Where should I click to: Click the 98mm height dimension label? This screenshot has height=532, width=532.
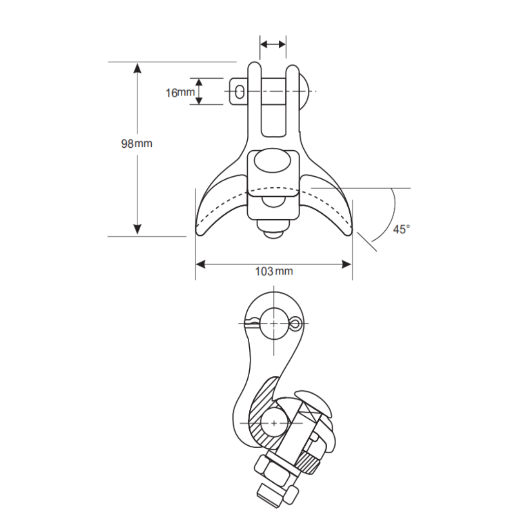tap(136, 144)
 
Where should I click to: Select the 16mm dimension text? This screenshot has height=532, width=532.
tap(179, 92)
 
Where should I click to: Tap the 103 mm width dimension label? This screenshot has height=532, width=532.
tap(273, 271)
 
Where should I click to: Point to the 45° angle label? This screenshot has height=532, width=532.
tap(401, 229)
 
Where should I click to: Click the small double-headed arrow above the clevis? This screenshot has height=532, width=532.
tap(273, 44)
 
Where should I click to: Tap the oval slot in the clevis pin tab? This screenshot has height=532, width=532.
tap(239, 92)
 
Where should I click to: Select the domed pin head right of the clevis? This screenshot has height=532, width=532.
tap(304, 91)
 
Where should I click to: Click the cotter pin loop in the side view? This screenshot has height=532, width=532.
tap(295, 324)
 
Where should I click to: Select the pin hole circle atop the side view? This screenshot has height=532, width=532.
tap(273, 324)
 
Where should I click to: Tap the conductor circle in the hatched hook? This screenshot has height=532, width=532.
tap(273, 423)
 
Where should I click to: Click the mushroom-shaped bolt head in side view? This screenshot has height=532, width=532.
tap(315, 401)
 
